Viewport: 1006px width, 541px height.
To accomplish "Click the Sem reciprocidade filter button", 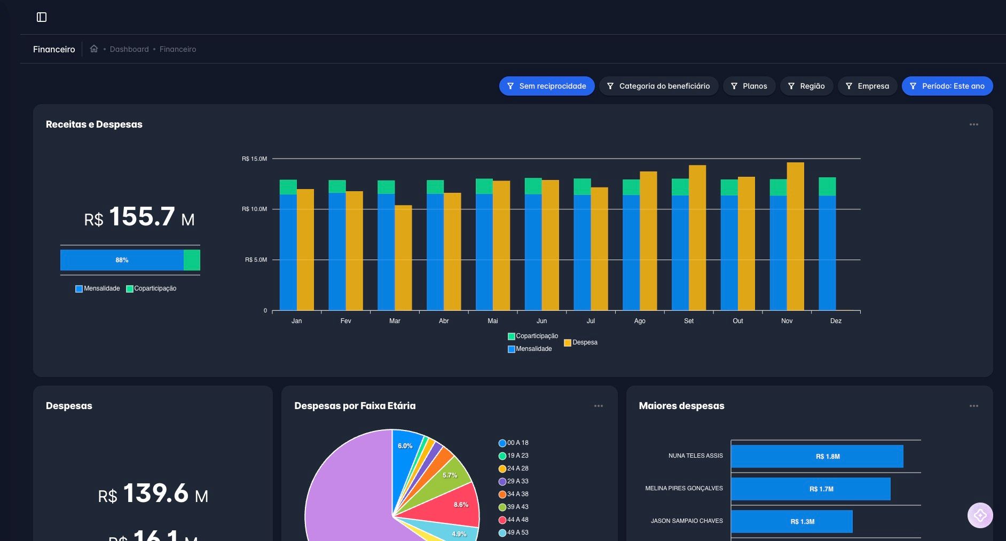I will coord(547,86).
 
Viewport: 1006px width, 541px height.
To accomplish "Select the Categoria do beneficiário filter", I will coord(658,86).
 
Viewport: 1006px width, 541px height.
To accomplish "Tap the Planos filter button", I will coord(749,86).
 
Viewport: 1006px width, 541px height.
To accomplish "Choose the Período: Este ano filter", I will coord(947,86).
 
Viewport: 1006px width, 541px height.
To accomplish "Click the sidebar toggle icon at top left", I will coord(42,17).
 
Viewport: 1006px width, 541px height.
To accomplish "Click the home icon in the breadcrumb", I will coord(94,49).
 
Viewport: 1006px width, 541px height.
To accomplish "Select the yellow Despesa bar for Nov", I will coord(795,235).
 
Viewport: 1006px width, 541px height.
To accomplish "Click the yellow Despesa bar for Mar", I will coord(403,256).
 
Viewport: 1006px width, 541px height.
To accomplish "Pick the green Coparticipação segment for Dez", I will coord(827,186).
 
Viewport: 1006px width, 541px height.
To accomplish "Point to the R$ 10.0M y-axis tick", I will coord(255,209).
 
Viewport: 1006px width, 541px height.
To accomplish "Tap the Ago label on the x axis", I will coord(639,321).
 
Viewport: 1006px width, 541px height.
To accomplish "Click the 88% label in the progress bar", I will coord(122,260).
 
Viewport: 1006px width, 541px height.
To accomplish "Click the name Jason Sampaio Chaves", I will coord(686,521).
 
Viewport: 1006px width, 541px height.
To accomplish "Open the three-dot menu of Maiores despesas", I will coord(973,406).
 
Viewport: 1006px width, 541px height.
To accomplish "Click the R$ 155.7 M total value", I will coord(139,217).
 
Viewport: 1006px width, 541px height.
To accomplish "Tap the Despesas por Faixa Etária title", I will coord(355,406).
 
